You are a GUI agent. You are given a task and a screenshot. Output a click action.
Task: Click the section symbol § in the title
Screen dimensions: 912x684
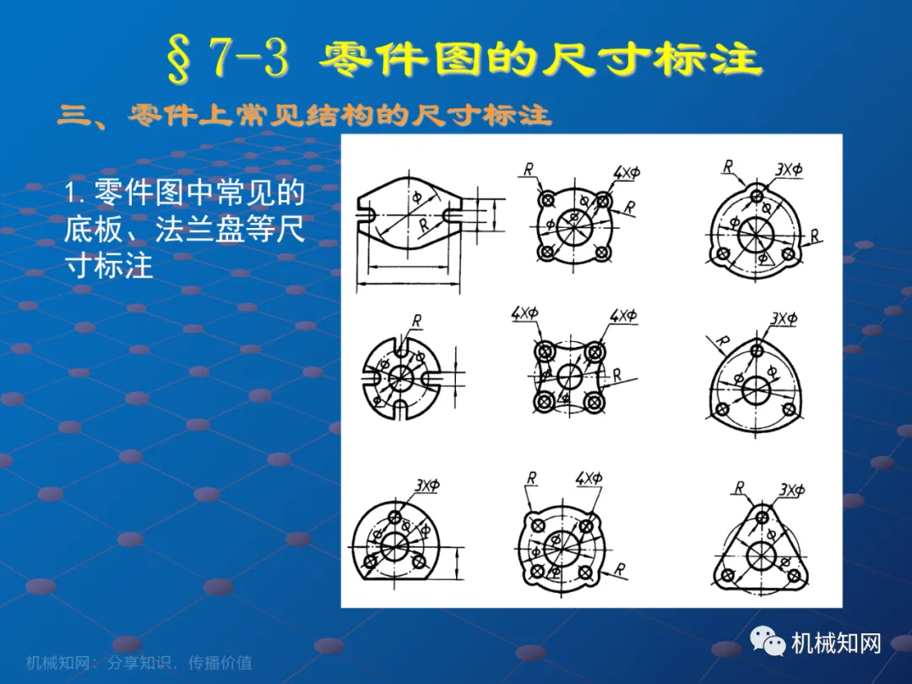click(179, 58)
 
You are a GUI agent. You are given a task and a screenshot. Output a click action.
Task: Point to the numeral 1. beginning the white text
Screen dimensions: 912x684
click(74, 192)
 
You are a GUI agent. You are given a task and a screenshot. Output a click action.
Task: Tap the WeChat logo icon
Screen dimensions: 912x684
click(768, 641)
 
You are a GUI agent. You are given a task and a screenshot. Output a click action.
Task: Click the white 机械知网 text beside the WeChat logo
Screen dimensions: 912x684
click(836, 643)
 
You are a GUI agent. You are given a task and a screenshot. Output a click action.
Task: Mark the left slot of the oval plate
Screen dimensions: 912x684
click(366, 214)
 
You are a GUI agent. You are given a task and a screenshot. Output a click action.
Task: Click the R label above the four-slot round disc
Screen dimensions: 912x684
click(417, 321)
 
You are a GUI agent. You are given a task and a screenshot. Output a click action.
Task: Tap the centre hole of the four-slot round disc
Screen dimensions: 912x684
click(400, 378)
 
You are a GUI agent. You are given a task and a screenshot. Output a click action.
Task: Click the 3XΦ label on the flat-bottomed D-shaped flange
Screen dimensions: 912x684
click(428, 485)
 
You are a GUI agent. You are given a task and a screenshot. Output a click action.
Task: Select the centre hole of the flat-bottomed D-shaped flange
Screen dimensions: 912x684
click(396, 546)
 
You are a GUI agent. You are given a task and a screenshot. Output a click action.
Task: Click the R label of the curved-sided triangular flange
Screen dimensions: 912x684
click(722, 342)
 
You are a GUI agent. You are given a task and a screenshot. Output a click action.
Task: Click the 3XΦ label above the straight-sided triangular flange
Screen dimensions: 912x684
click(792, 490)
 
